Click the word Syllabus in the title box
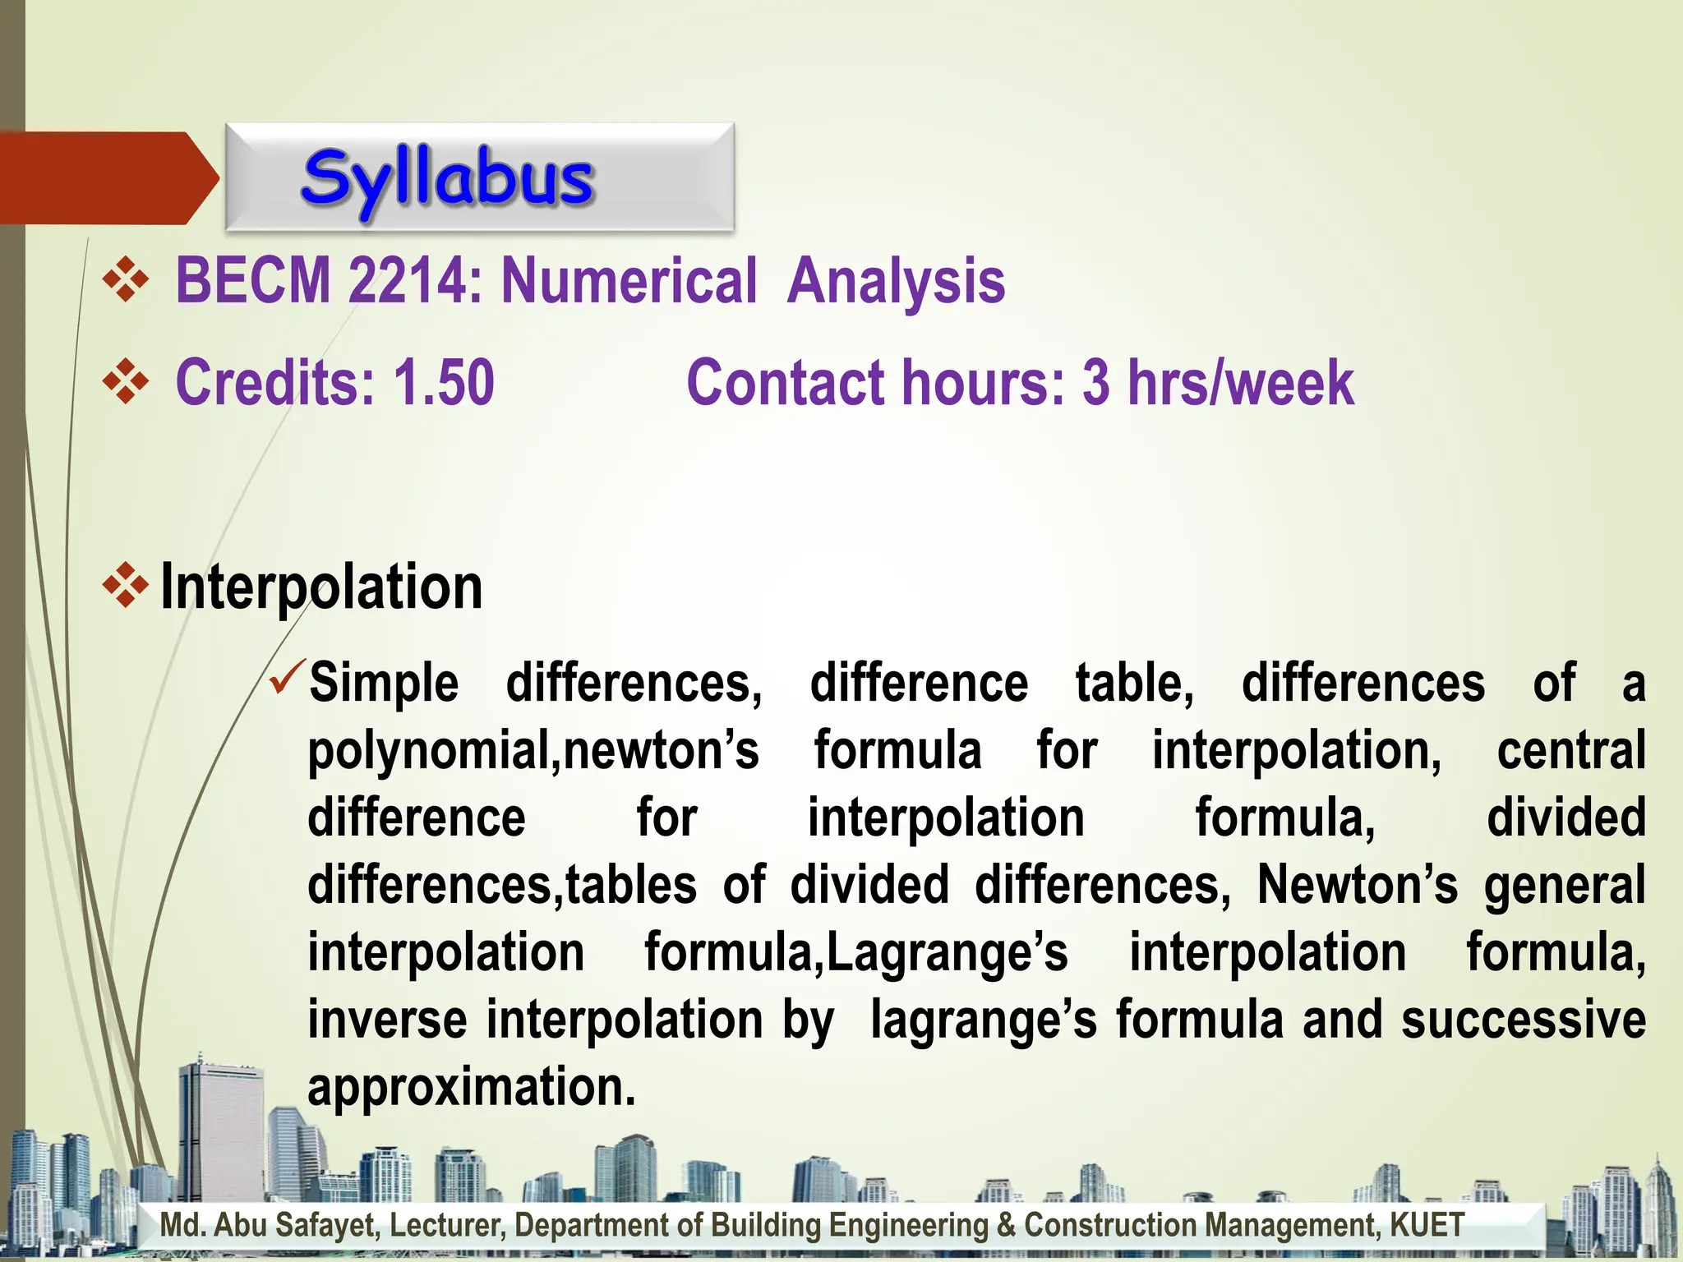point(447,179)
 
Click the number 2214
point(408,281)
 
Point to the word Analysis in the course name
point(896,281)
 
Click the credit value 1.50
point(444,383)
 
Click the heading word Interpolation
point(321,587)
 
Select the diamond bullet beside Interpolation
point(125,586)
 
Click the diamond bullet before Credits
point(125,381)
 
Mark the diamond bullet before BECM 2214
point(125,279)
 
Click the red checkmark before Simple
point(288,675)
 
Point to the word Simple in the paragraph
point(384,684)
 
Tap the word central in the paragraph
point(1570,751)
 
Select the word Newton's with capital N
point(1357,886)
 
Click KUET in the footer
point(1427,1225)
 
